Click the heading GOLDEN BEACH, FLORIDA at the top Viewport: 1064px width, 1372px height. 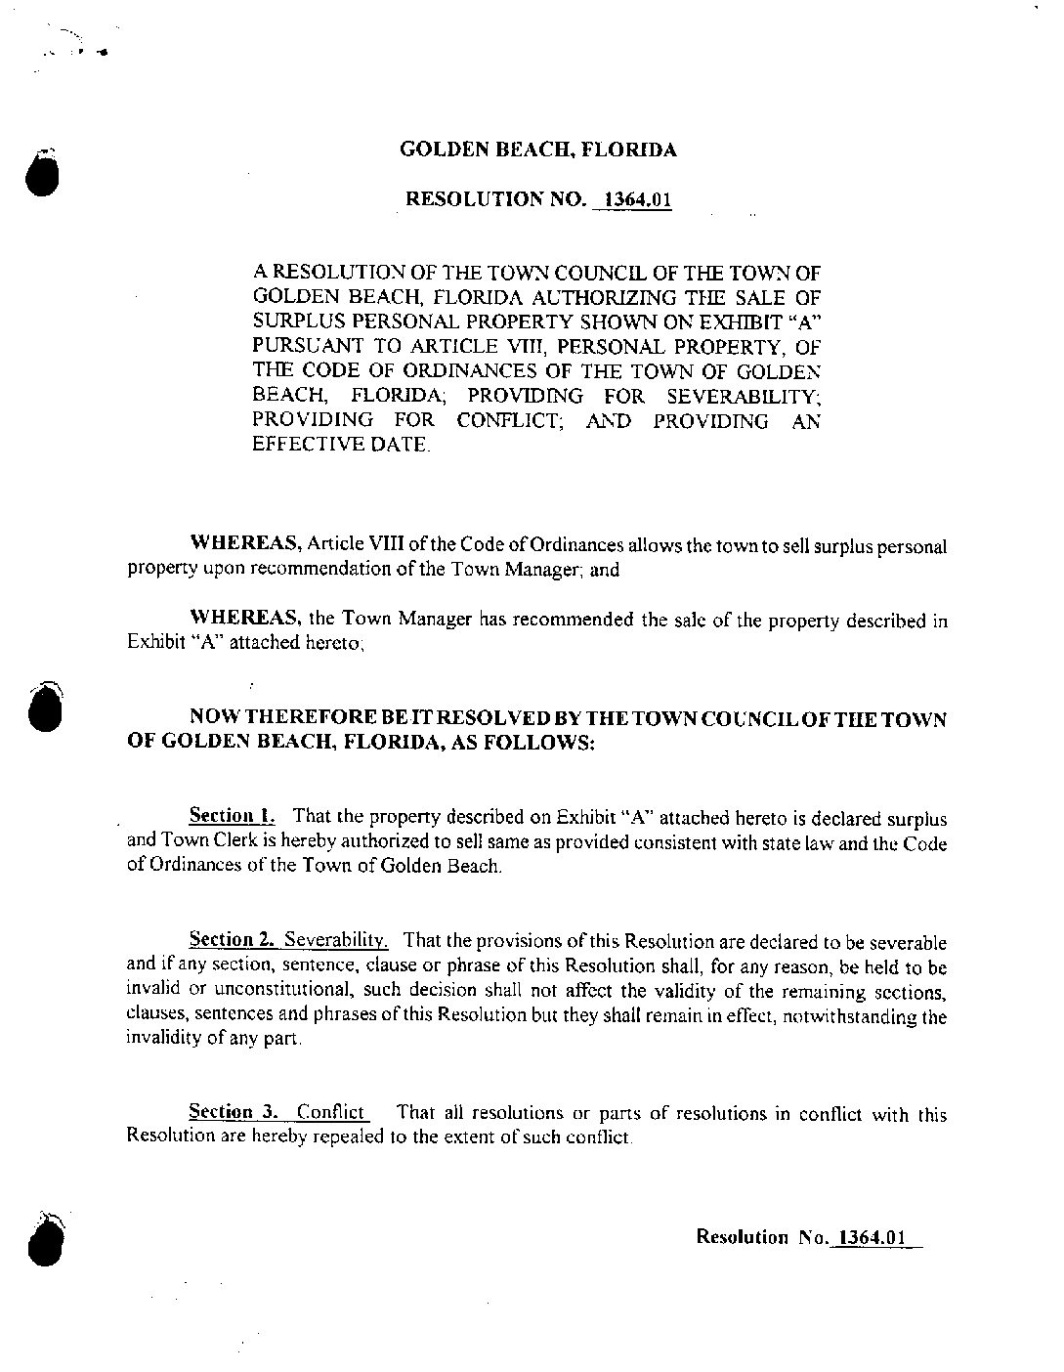(538, 150)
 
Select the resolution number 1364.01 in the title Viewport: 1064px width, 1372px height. (639, 201)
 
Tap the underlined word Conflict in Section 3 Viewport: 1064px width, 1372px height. (332, 1113)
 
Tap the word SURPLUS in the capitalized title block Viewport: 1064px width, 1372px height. (292, 321)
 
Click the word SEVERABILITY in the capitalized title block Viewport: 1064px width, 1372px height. (743, 396)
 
